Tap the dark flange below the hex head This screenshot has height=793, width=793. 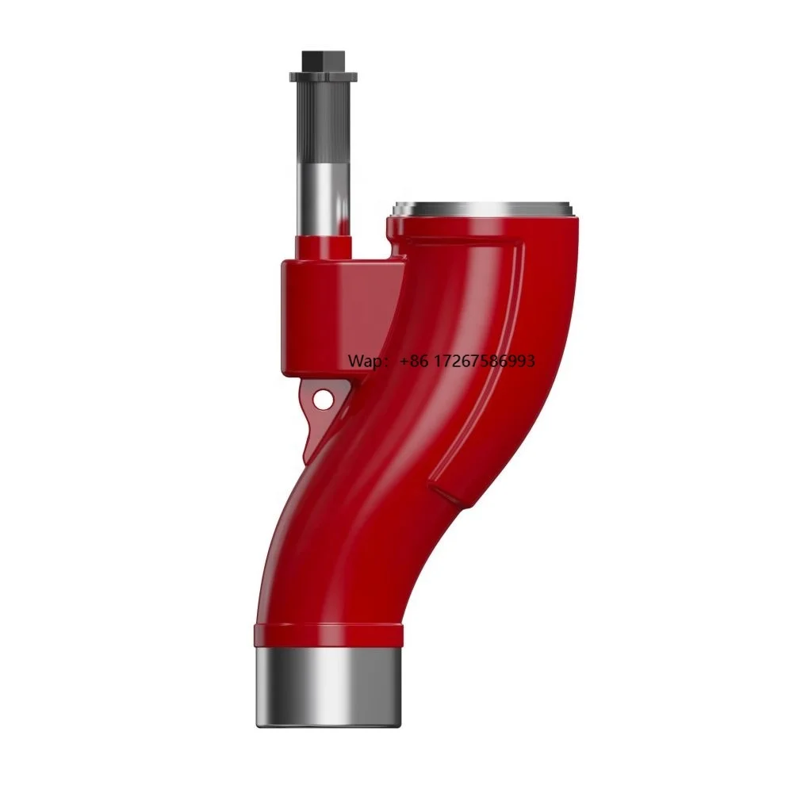[x=324, y=77]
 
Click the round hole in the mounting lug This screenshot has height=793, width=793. [x=322, y=400]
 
